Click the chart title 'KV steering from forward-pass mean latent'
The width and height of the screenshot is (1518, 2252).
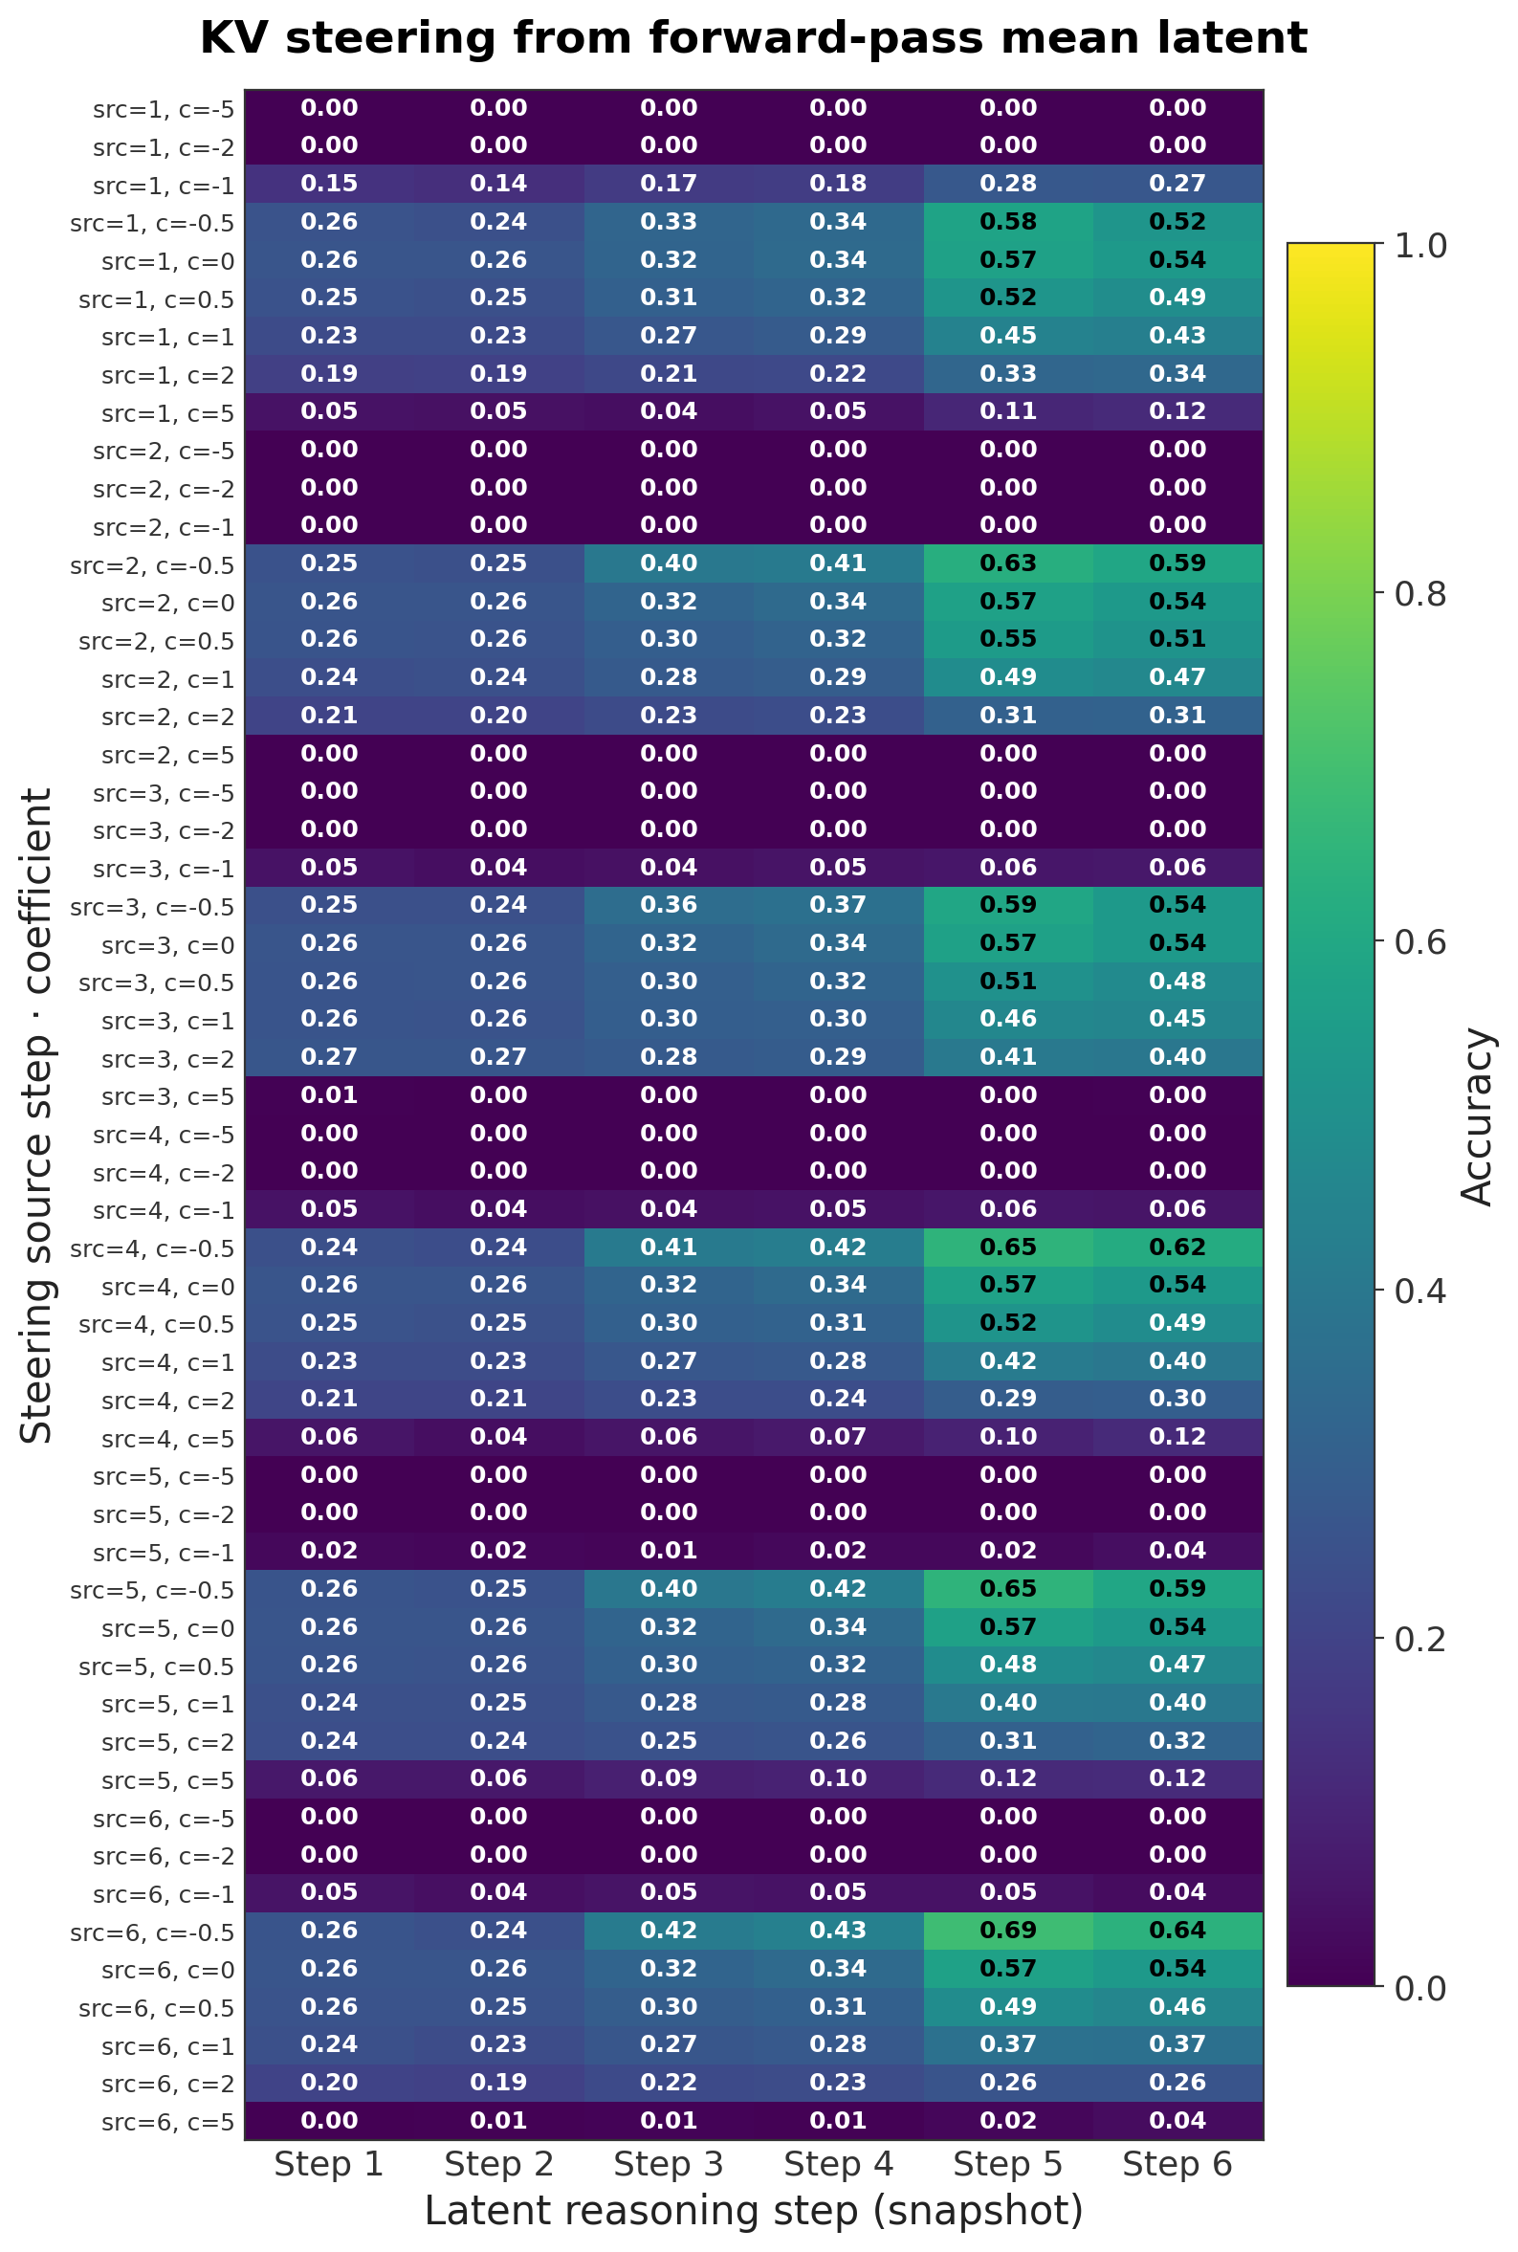click(x=753, y=38)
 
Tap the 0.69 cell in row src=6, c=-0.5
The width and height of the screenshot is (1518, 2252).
click(x=1008, y=1930)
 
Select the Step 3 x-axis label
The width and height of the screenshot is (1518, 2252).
click(x=668, y=2163)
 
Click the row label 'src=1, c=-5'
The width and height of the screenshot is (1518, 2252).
click(x=164, y=109)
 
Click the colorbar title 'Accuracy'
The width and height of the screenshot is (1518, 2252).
click(x=1477, y=1115)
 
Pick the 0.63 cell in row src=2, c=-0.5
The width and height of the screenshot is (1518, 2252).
click(x=1008, y=563)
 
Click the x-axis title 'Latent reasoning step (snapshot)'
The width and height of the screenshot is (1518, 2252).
click(x=753, y=2210)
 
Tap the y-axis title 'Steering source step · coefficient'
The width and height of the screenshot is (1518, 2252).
click(x=36, y=1115)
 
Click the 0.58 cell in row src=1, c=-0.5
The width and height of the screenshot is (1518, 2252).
click(x=1008, y=222)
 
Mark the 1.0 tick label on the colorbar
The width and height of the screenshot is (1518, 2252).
click(x=1419, y=246)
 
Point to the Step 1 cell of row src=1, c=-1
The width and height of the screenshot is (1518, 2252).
click(x=329, y=183)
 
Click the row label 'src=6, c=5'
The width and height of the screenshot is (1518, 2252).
click(x=167, y=2122)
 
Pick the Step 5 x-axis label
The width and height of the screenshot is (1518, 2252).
click(x=1008, y=2163)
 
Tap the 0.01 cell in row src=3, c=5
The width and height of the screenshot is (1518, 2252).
click(x=329, y=1094)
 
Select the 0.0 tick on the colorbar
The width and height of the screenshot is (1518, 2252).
click(x=1419, y=1988)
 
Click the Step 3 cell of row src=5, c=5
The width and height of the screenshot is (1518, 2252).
click(x=668, y=1777)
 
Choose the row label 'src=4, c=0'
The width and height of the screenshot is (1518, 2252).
click(x=167, y=1287)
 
